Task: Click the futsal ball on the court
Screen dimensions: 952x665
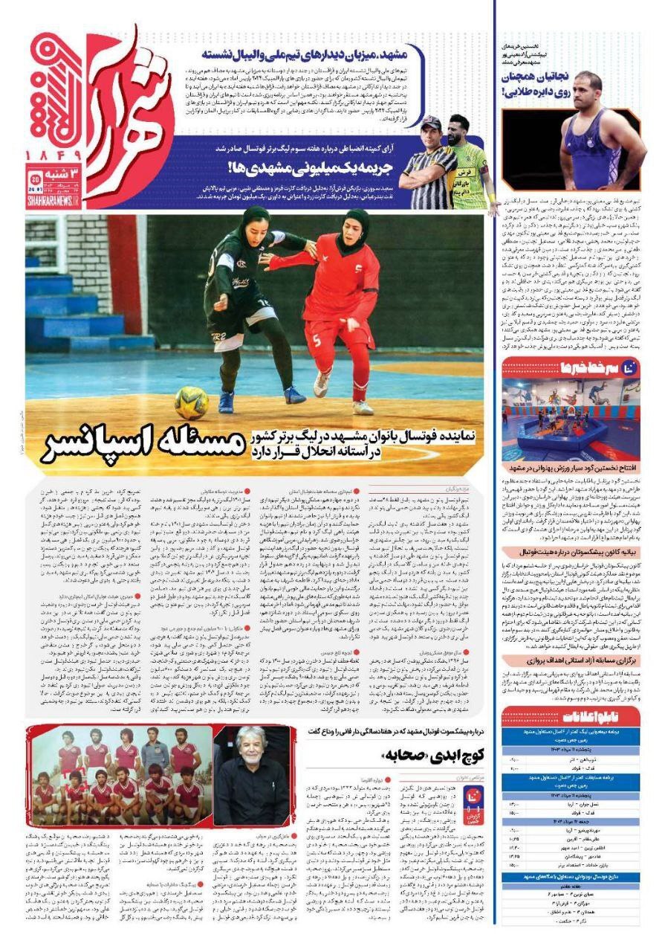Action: click(x=191, y=402)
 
